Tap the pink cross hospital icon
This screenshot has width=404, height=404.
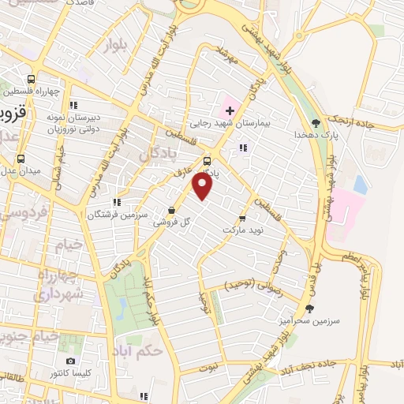[230, 109]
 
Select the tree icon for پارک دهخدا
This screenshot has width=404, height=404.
[316, 122]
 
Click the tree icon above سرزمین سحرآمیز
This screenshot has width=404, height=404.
[308, 309]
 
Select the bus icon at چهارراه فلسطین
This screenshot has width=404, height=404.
[32, 79]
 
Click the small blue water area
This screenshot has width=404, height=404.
[361, 185]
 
